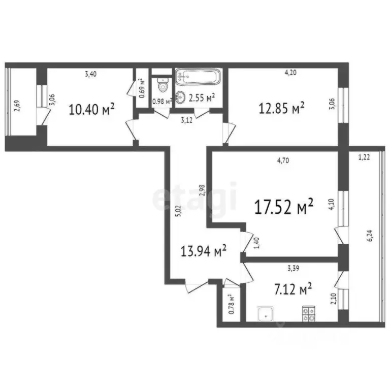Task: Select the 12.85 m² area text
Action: [x=281, y=108]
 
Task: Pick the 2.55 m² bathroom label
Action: [x=202, y=97]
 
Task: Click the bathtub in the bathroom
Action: [x=199, y=78]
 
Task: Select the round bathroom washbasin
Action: [x=180, y=97]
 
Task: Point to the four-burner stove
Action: [x=308, y=314]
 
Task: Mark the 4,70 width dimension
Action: [x=283, y=161]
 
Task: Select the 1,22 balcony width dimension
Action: [x=364, y=158]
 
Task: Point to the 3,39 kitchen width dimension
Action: [x=294, y=269]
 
